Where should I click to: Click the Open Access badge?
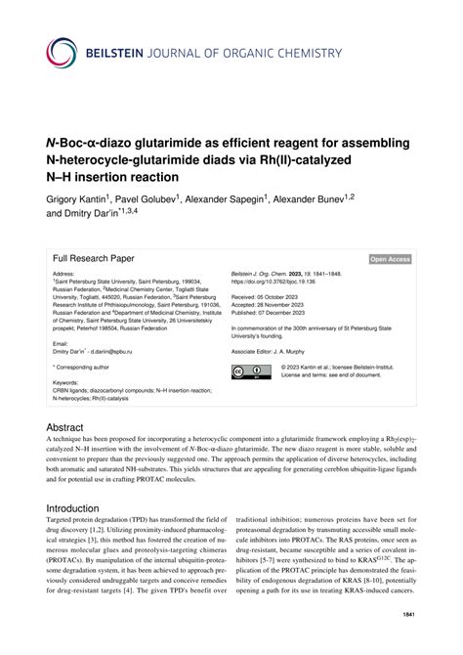click(x=390, y=259)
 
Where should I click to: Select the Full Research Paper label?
click(x=96, y=258)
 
